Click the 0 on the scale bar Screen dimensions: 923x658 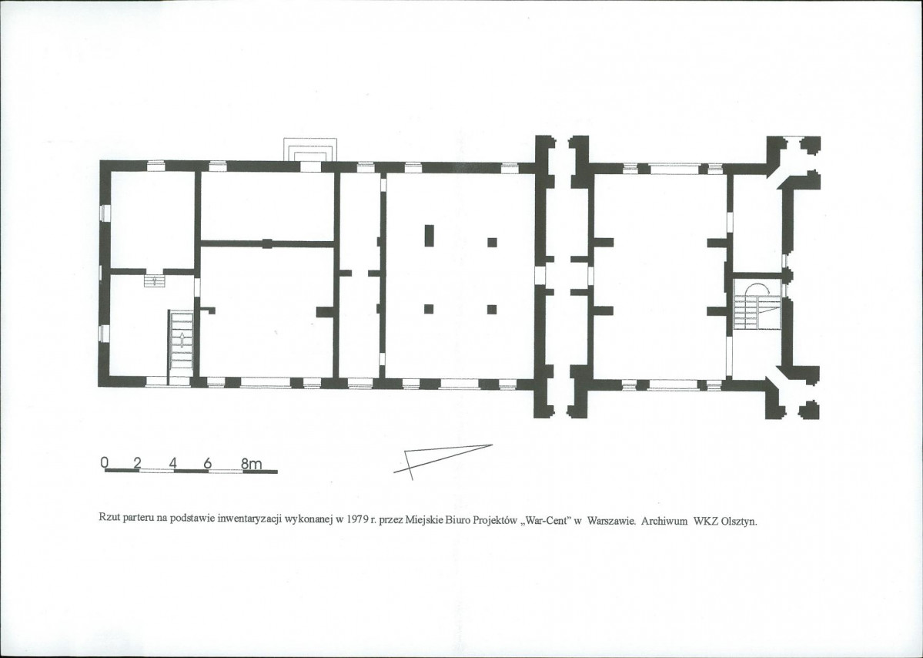click(x=105, y=462)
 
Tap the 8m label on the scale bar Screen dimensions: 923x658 click(x=252, y=464)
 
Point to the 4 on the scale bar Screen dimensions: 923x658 click(x=172, y=463)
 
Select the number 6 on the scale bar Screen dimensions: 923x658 click(x=207, y=463)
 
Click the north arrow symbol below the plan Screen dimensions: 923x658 click(x=443, y=462)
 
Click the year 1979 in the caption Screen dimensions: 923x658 click(x=356, y=520)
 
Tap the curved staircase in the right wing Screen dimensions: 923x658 click(x=757, y=306)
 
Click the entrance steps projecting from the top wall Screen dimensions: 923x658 click(x=312, y=149)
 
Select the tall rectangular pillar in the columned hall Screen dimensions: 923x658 click(x=429, y=235)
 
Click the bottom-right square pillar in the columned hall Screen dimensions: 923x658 click(x=492, y=309)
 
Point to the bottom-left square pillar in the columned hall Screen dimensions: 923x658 click(x=429, y=309)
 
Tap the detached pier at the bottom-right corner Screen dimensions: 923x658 click(x=809, y=410)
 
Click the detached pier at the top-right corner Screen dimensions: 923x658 click(x=811, y=145)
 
